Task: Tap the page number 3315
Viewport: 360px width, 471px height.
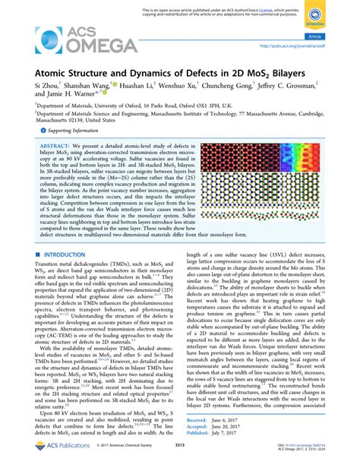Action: (x=179, y=456)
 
